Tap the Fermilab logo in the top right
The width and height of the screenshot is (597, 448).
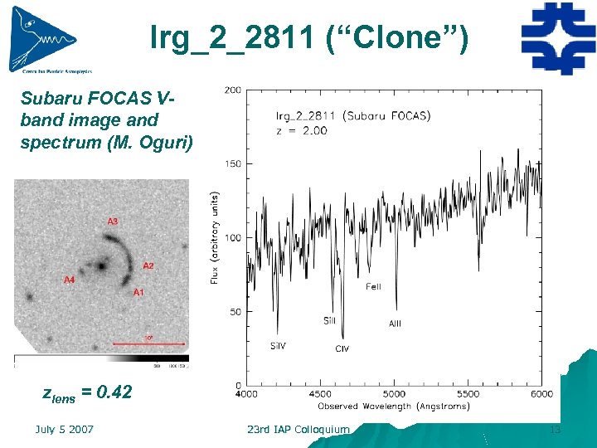pyautogui.click(x=557, y=38)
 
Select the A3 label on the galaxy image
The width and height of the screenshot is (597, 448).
pyautogui.click(x=112, y=222)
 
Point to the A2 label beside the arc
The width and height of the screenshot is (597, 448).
pyautogui.click(x=148, y=265)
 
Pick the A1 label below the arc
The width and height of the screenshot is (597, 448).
pyautogui.click(x=138, y=293)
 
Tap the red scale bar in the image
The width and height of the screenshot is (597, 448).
pyautogui.click(x=148, y=342)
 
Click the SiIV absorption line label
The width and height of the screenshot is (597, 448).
pyautogui.click(x=278, y=346)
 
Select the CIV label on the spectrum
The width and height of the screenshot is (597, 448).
pyautogui.click(x=342, y=349)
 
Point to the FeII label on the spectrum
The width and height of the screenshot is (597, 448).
pyautogui.click(x=373, y=287)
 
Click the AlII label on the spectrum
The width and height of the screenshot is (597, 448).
pyautogui.click(x=395, y=324)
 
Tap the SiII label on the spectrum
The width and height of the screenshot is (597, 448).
pyautogui.click(x=329, y=320)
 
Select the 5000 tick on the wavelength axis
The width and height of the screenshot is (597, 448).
pyautogui.click(x=394, y=394)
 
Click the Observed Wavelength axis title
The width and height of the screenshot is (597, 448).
pyautogui.click(x=394, y=407)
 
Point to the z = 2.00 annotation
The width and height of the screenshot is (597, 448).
pyautogui.click(x=301, y=130)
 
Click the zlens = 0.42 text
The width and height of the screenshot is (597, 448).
pyautogui.click(x=87, y=392)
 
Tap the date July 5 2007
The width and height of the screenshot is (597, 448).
pyautogui.click(x=64, y=429)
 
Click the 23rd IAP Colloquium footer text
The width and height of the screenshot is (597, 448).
pyautogui.click(x=298, y=429)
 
